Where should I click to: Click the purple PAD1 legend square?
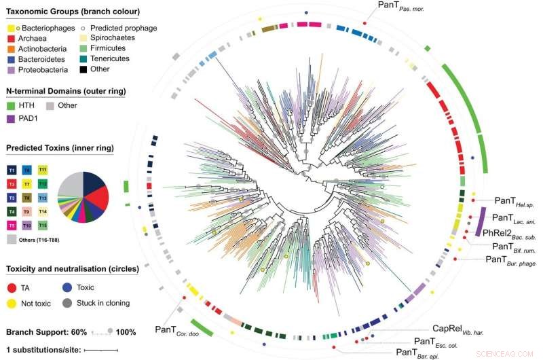[x=11, y=118]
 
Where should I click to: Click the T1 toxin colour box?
[x=12, y=169]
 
